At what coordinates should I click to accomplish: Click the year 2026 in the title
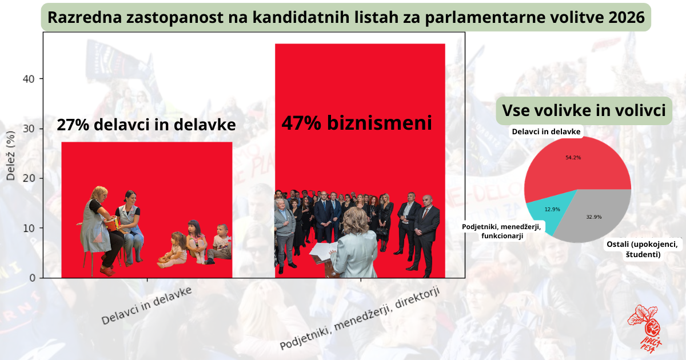click(x=627, y=17)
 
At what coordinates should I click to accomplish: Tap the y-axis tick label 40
click(x=29, y=79)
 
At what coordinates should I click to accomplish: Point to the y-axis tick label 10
click(x=29, y=228)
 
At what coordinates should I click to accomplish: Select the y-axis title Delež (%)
click(x=11, y=155)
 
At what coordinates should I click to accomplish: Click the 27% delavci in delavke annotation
click(x=146, y=125)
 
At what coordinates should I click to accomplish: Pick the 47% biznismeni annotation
click(x=357, y=123)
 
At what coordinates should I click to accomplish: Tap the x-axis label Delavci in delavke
click(x=146, y=305)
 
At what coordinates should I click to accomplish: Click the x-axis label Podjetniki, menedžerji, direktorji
click(x=360, y=318)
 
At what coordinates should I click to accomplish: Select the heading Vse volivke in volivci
click(x=584, y=110)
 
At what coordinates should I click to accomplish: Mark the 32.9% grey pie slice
click(x=594, y=217)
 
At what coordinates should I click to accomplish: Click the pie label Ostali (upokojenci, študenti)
click(x=643, y=249)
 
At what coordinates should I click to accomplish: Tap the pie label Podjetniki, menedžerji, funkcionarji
click(x=502, y=231)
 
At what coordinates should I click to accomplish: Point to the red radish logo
click(x=645, y=329)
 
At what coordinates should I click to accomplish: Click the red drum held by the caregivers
click(x=112, y=224)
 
